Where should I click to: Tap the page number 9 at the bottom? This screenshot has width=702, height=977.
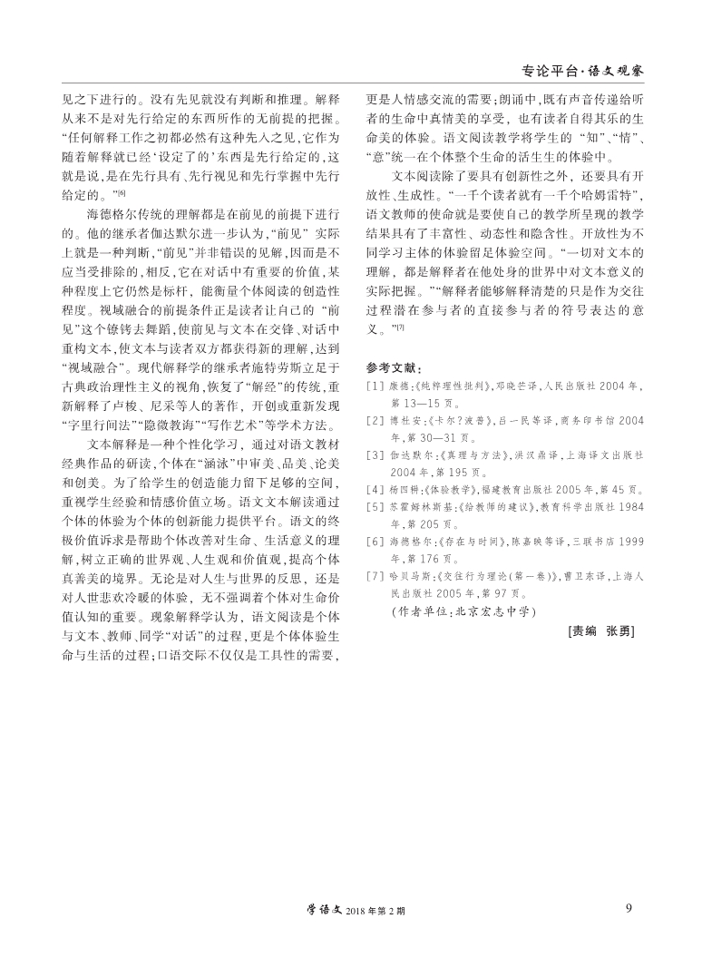click(629, 910)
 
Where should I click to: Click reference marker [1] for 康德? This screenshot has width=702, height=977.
click(375, 385)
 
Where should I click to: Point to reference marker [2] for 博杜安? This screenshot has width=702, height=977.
click(375, 420)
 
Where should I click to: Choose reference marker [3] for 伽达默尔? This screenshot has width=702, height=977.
click(375, 454)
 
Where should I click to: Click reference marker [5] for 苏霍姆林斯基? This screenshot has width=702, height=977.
click(375, 507)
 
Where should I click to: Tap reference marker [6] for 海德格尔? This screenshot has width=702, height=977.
click(375, 542)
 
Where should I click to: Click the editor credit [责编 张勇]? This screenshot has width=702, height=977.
click(598, 630)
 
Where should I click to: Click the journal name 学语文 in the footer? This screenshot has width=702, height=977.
click(317, 911)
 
